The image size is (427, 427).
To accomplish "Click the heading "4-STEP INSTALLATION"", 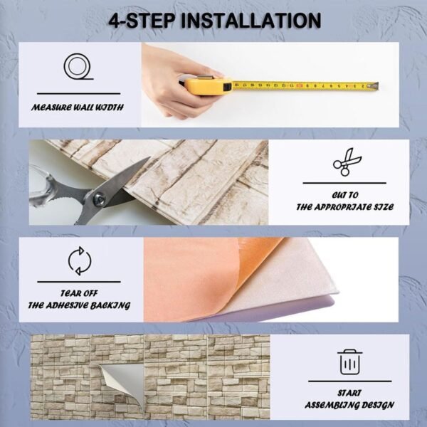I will (214, 21).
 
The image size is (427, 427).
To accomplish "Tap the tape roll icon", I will (78, 68).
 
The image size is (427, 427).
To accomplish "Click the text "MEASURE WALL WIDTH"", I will (78, 108).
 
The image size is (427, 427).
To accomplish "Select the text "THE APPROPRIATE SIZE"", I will (344, 207).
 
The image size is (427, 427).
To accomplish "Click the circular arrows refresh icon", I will (79, 261).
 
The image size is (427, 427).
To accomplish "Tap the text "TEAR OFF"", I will (79, 292).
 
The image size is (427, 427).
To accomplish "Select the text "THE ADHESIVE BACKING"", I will (79, 305).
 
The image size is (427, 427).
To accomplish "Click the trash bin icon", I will (349, 362).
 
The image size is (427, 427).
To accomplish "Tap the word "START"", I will (349, 392).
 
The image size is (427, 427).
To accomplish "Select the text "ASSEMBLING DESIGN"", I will (349, 405).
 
